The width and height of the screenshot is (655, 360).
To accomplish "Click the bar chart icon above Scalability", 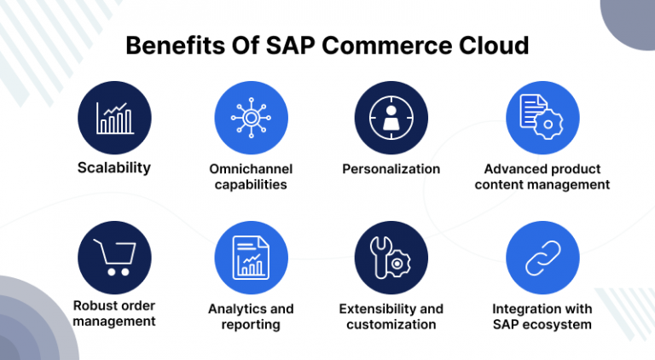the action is point(115,119).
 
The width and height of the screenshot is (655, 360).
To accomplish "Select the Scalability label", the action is point(114,167).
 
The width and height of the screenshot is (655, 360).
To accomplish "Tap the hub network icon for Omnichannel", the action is point(251,118).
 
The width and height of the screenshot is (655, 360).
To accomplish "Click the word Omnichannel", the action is point(251,169).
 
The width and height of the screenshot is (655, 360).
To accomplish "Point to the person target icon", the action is point(391,118).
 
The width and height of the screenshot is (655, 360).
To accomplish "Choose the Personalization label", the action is point(391,169).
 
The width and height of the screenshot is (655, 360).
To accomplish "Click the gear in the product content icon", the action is point(548,124).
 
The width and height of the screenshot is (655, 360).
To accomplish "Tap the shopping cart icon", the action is point(115,258).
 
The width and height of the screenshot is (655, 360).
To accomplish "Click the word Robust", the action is point(93,305).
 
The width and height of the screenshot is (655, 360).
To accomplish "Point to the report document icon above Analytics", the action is point(251,258).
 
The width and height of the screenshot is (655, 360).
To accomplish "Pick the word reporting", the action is point(251,324).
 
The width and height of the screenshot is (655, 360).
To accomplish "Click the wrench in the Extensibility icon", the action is point(380,258).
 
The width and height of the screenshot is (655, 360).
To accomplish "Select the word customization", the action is point(391,324).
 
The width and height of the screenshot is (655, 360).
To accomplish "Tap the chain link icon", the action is point(542,258).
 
